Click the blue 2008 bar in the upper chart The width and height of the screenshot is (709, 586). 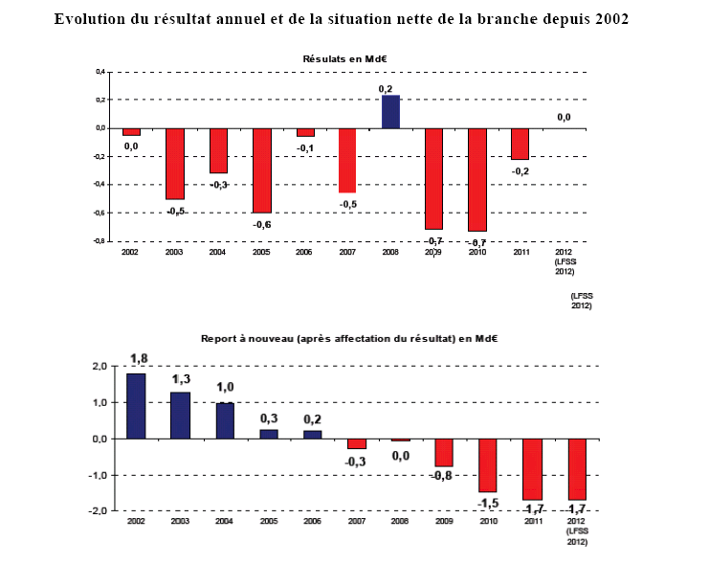tap(390, 111)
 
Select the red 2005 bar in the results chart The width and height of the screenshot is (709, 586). tap(262, 169)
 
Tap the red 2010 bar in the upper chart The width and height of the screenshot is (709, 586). tap(476, 179)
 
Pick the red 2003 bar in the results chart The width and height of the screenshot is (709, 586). tap(175, 163)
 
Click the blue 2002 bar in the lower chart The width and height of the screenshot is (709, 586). tap(136, 405)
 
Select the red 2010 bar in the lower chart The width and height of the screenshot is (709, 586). tap(488, 464)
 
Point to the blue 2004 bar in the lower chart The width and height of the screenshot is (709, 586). tap(225, 420)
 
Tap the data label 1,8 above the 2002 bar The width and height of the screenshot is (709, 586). tap(138, 359)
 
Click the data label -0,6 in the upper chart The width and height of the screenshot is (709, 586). tap(261, 224)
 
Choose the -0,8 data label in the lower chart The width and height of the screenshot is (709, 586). tap(442, 476)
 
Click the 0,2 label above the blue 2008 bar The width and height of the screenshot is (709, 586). tap(386, 88)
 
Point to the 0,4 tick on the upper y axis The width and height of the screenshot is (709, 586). tap(99, 72)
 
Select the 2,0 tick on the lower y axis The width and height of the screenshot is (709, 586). tap(99, 367)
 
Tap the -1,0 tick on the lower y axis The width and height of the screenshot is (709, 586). tap(98, 475)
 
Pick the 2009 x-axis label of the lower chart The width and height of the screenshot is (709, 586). tap(443, 523)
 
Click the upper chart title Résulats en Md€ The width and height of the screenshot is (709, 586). tap(343, 59)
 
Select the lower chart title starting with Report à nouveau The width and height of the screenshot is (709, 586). tap(350, 339)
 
